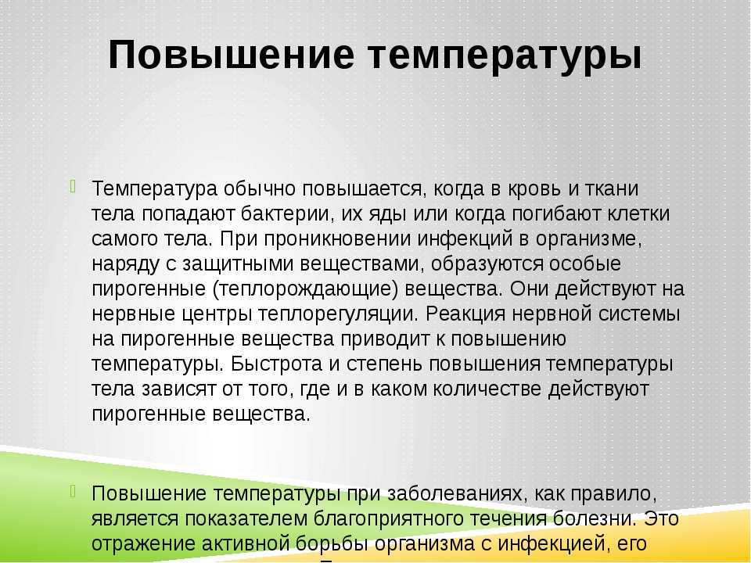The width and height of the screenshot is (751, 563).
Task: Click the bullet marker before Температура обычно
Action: coord(73,186)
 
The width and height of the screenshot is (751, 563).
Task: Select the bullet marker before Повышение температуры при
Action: coord(73,490)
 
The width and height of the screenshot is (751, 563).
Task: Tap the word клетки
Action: coord(639,213)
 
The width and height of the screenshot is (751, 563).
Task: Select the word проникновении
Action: coord(338,239)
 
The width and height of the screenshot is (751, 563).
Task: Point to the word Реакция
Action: coord(465,314)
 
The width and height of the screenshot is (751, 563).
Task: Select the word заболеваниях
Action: coord(455,493)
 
